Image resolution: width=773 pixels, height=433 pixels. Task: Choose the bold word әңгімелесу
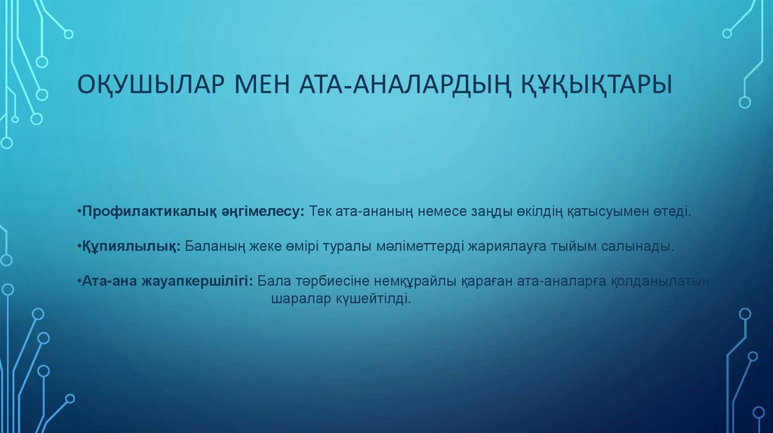(262, 213)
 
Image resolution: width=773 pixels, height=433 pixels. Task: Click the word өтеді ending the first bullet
(671, 213)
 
